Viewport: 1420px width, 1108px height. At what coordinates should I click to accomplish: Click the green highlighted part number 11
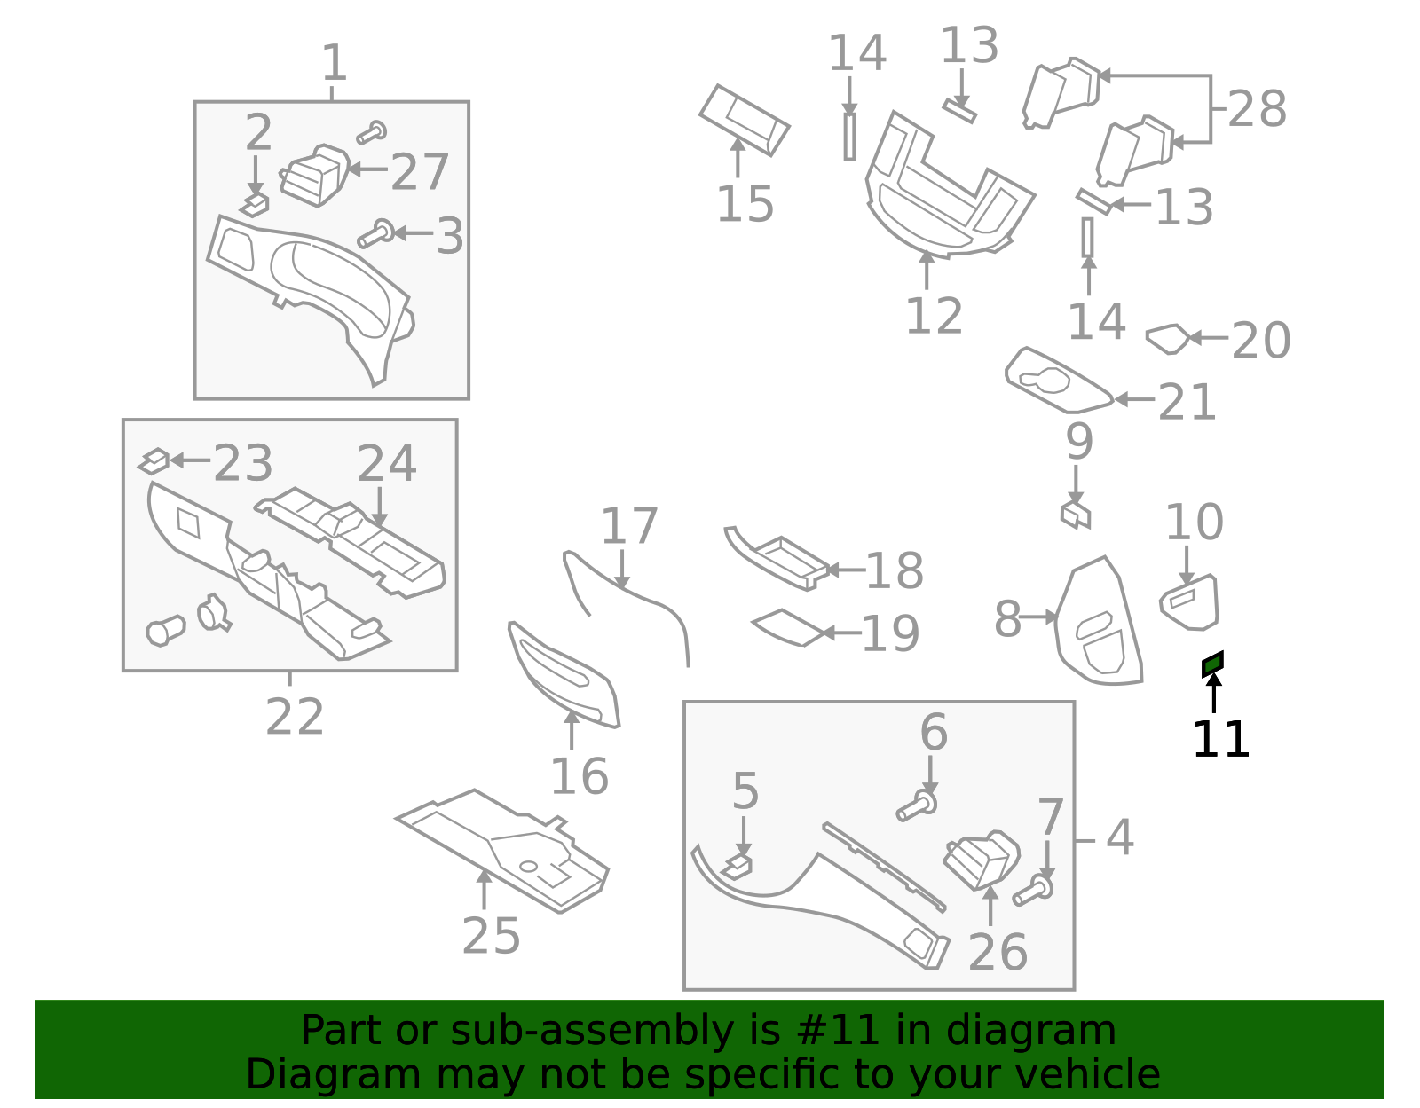point(1213,664)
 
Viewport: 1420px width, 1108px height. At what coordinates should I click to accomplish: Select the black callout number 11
point(1220,739)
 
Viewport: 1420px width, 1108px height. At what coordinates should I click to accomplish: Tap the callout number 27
point(419,172)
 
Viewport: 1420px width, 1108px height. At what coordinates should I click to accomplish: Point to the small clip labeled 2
point(255,205)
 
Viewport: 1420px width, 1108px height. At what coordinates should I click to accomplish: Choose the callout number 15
point(745,204)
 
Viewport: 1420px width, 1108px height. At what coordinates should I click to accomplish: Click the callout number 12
point(934,316)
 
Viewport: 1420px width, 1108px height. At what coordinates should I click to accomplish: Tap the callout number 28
point(1258,109)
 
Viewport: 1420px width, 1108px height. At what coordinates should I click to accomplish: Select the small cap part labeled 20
point(1168,339)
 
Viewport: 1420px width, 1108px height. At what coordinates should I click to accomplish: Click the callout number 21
point(1187,403)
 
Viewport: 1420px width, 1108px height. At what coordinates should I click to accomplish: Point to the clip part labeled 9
point(1076,515)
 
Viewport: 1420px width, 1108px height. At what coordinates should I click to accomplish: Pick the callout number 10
point(1195,523)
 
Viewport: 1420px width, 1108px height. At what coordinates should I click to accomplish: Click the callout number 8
point(1007,619)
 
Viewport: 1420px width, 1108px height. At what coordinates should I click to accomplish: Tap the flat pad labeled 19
point(787,627)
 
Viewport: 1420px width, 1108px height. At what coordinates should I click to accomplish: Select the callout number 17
point(628,526)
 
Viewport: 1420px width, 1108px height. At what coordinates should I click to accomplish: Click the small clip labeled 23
point(154,461)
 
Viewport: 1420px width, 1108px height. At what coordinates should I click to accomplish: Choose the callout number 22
point(295,717)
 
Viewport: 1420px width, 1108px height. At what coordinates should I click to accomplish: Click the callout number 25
point(492,936)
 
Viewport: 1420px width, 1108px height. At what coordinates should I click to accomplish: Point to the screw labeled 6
point(916,805)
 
